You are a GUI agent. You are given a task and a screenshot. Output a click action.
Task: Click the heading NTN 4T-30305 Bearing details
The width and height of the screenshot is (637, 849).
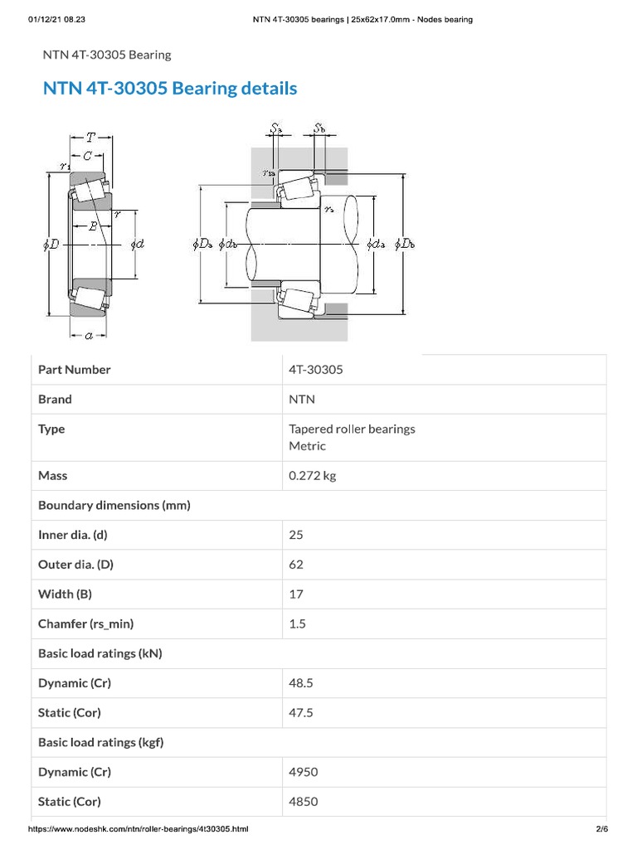pyautogui.click(x=169, y=88)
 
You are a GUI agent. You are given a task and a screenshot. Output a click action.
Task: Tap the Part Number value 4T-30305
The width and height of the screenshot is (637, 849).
pyautogui.click(x=315, y=370)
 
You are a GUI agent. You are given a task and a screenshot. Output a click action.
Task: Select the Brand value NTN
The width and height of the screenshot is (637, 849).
pyautogui.click(x=302, y=400)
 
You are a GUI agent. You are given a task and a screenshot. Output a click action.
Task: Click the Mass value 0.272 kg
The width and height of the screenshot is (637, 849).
pyautogui.click(x=312, y=476)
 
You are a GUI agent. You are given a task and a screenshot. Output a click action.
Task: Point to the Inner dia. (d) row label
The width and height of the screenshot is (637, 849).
pyautogui.click(x=73, y=535)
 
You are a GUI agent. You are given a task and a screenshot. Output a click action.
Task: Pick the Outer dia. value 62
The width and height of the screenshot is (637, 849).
pyautogui.click(x=296, y=565)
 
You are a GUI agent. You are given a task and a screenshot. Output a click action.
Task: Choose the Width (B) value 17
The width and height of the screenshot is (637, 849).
pyautogui.click(x=296, y=594)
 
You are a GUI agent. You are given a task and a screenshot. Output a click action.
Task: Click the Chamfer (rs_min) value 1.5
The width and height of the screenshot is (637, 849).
pyautogui.click(x=297, y=624)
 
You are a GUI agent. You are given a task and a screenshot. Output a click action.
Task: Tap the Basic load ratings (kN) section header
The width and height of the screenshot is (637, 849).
pyautogui.click(x=100, y=653)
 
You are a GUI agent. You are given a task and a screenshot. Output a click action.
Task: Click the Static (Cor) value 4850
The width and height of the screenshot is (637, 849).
pyautogui.click(x=303, y=802)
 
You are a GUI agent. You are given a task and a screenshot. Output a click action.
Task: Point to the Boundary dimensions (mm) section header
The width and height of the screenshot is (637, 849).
pyautogui.click(x=114, y=505)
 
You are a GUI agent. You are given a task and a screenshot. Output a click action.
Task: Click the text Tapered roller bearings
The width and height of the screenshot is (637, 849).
pyautogui.click(x=352, y=429)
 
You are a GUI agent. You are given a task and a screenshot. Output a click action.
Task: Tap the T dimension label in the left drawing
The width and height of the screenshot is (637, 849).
pyautogui.click(x=90, y=138)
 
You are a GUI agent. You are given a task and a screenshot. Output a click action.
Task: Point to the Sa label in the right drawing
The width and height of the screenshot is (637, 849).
pyautogui.click(x=276, y=129)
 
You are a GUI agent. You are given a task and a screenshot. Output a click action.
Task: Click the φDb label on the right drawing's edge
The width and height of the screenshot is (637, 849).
pyautogui.click(x=406, y=244)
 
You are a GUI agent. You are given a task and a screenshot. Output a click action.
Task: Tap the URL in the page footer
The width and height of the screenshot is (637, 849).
pyautogui.click(x=139, y=829)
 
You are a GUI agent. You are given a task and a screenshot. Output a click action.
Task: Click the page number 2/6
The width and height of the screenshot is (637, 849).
pyautogui.click(x=601, y=829)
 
